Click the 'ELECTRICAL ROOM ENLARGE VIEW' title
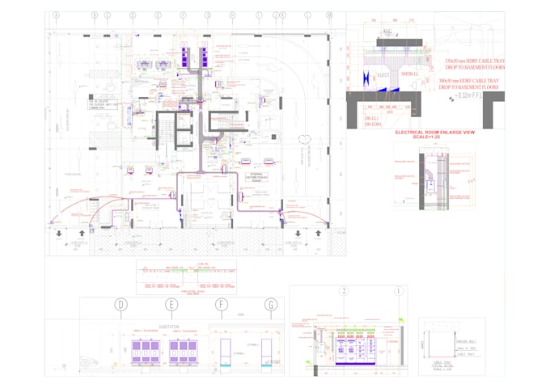click(434, 132)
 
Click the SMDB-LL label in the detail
click(411, 74)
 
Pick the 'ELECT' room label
click(384, 76)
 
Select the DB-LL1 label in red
click(372, 118)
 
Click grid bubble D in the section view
click(121, 304)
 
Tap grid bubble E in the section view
click(171, 304)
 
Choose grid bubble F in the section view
click(222, 304)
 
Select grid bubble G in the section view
click(271, 304)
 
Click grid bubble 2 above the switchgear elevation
click(344, 291)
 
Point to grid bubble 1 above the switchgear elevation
click(398, 291)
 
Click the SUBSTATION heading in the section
click(169, 327)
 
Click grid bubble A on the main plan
click(57, 15)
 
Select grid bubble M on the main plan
click(329, 15)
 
